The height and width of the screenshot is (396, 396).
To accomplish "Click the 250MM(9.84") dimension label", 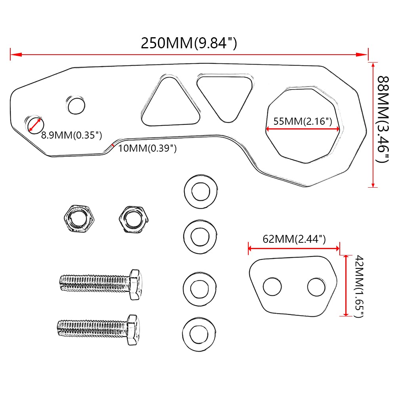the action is [x=188, y=43].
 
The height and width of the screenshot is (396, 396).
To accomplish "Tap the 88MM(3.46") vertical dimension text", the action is [x=383, y=120].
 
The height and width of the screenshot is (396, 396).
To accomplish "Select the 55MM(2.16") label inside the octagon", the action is [x=303, y=121].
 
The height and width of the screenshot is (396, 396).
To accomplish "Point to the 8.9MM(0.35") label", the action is [x=71, y=135].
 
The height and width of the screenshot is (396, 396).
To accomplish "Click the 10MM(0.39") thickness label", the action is [x=147, y=148].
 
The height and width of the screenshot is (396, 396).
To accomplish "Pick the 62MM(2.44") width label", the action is [x=294, y=239].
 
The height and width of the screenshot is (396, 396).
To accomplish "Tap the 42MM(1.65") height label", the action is [x=359, y=286].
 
